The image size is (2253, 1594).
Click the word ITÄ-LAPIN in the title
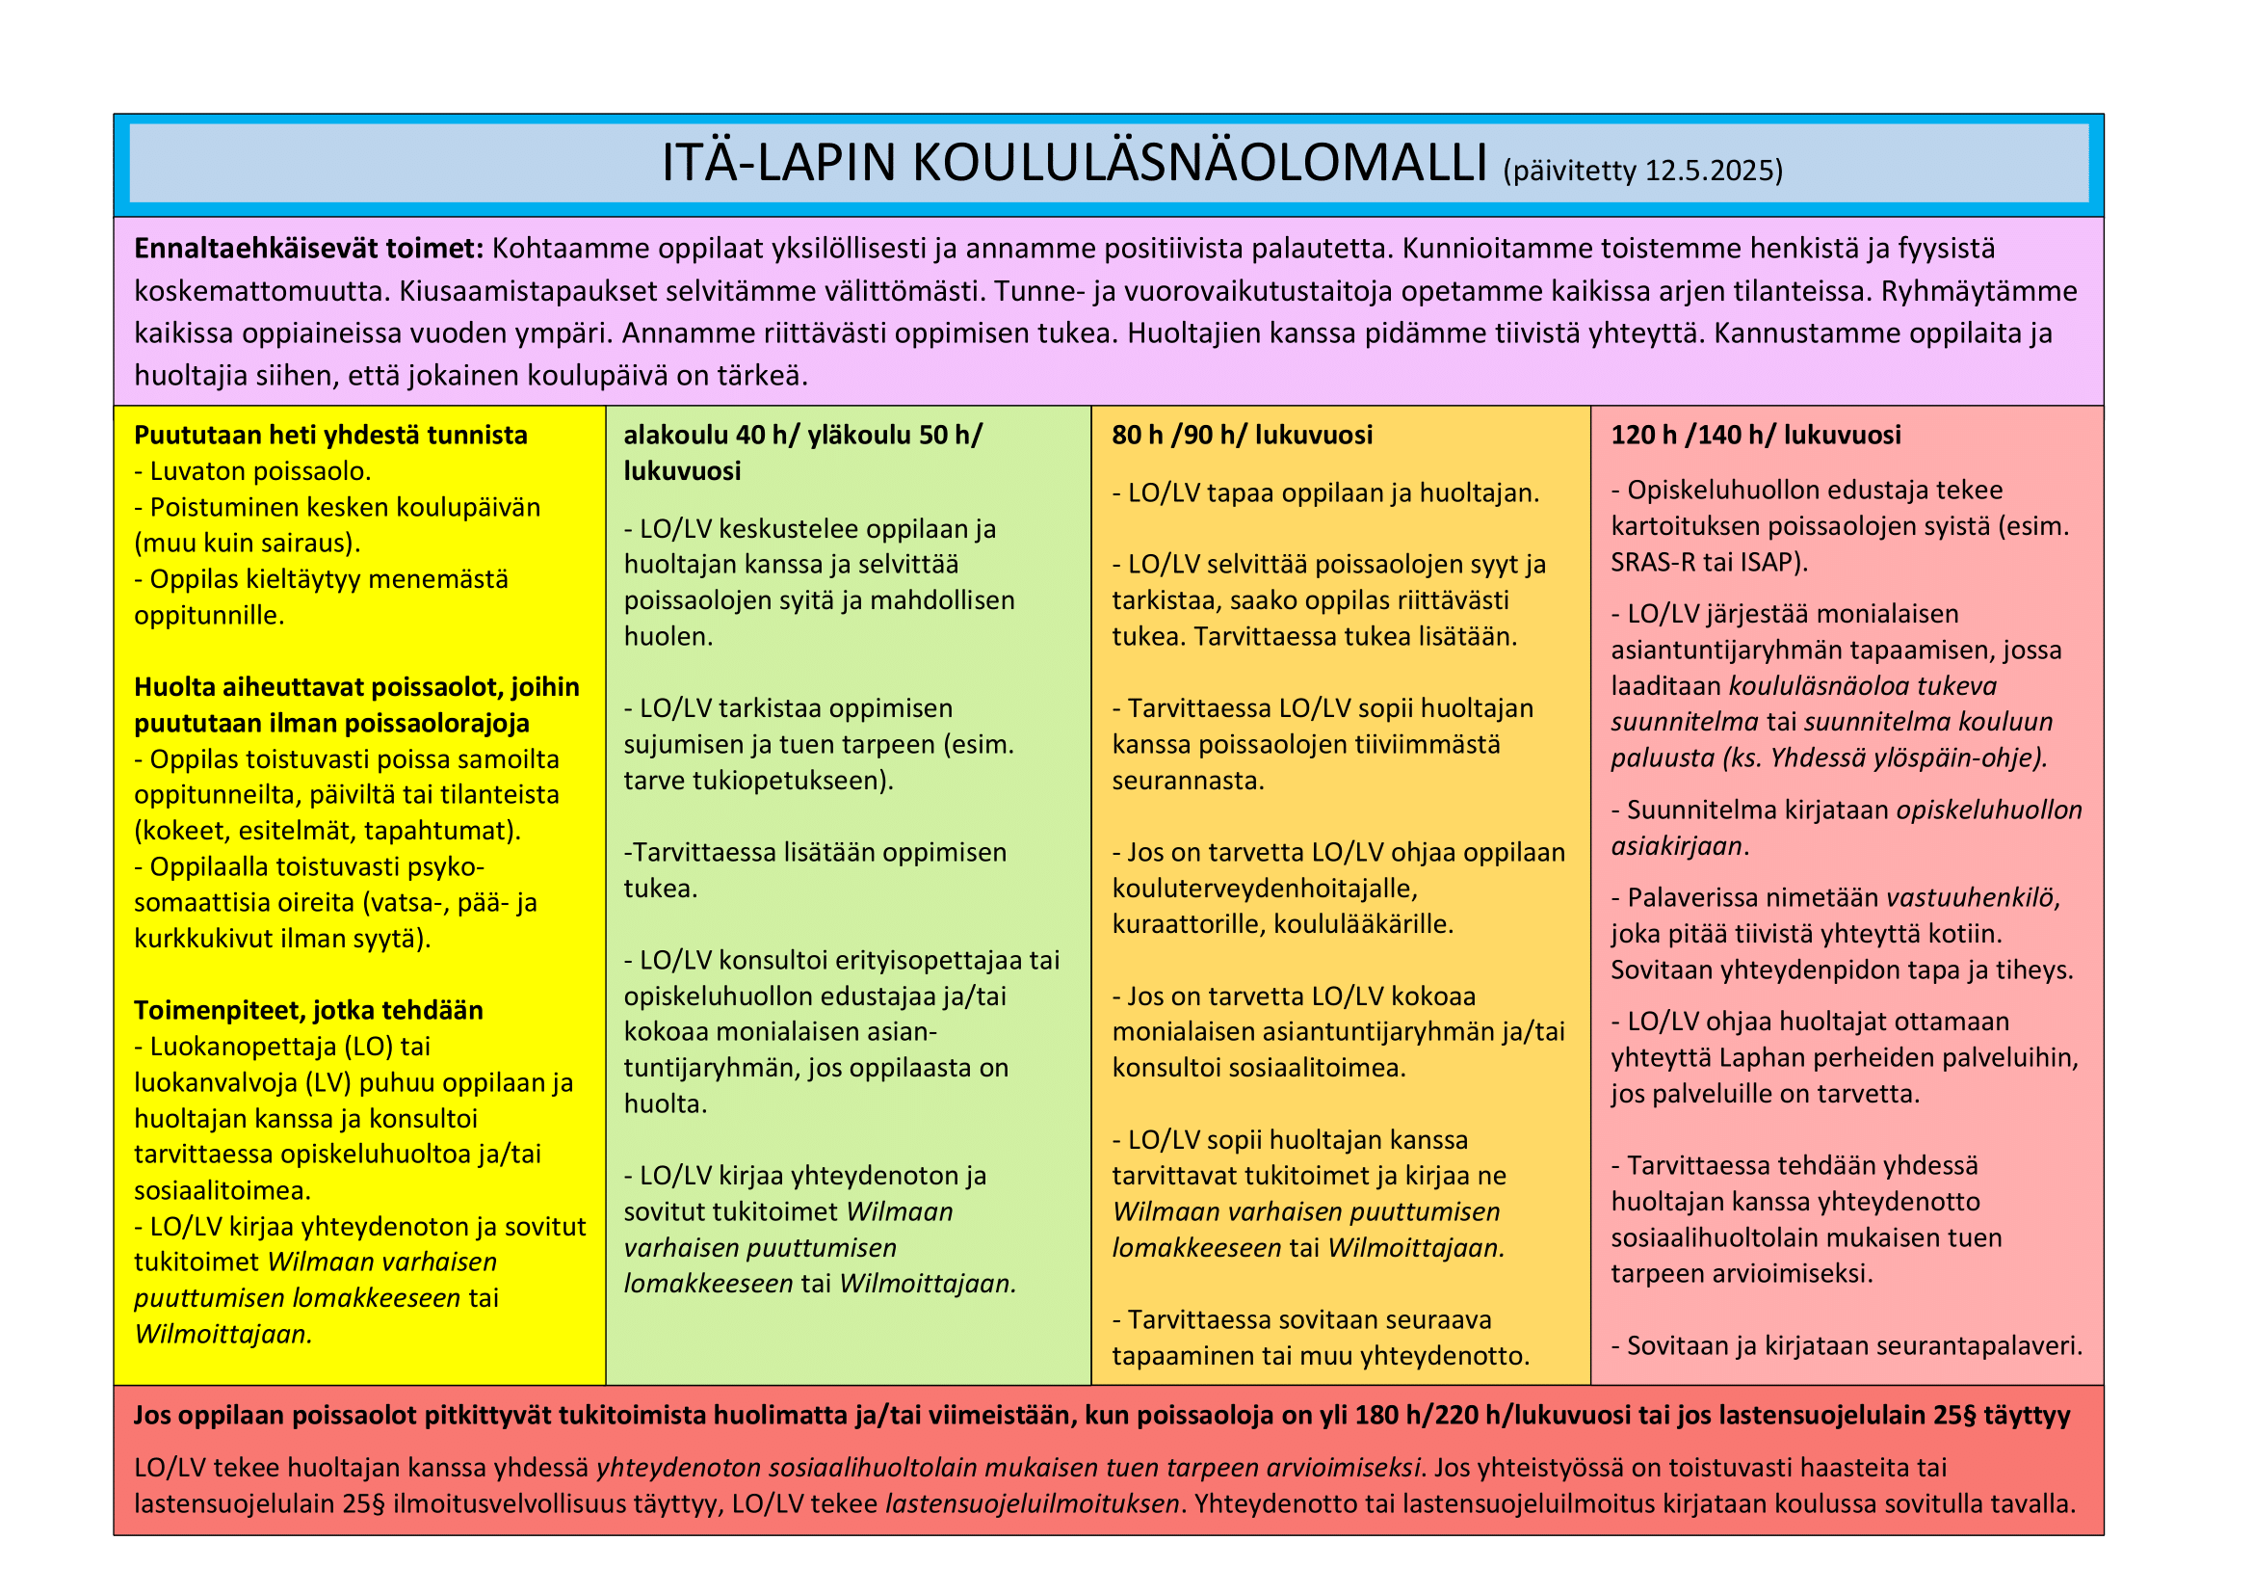click(x=778, y=164)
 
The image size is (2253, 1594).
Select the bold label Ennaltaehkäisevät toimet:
click(x=309, y=249)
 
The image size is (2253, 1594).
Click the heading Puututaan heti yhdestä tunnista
click(x=330, y=435)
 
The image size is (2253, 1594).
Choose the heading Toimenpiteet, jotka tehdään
click(x=308, y=1010)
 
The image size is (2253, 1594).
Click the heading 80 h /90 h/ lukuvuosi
click(x=1242, y=435)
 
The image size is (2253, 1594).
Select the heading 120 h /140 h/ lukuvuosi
click(x=1756, y=435)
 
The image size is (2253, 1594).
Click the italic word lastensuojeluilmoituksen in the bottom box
click(x=1033, y=1503)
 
